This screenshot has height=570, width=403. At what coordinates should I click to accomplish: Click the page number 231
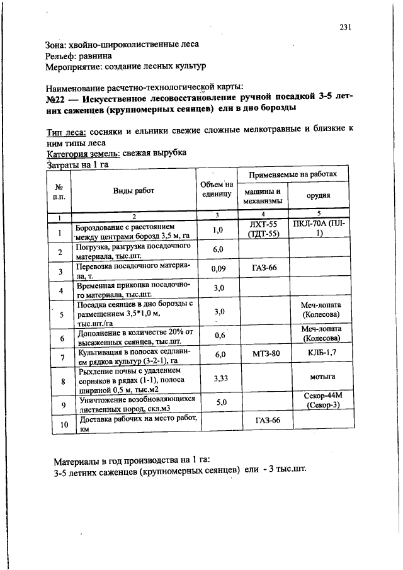click(344, 27)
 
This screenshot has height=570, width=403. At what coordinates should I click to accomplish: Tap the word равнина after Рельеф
click(105, 55)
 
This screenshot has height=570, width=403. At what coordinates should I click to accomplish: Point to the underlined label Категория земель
click(79, 153)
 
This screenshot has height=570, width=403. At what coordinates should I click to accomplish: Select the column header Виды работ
click(133, 190)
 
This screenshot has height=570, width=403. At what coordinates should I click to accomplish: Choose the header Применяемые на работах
click(293, 174)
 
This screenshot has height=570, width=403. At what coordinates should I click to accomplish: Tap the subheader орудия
click(319, 195)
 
